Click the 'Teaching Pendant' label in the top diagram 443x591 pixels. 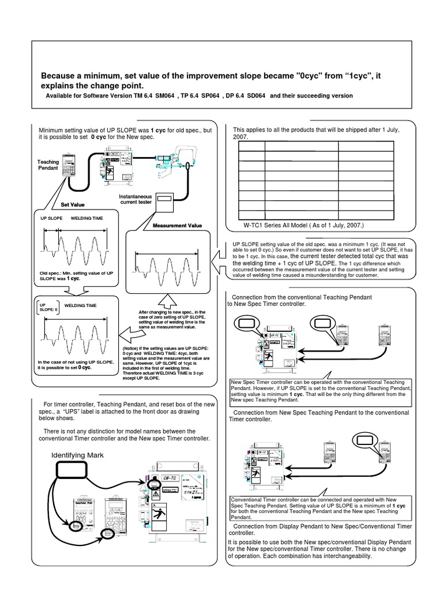pos(48,166)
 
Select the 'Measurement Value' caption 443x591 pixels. pos(177,225)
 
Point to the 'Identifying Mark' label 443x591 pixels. pos(78,455)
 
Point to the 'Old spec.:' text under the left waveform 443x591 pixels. pos(51,272)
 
